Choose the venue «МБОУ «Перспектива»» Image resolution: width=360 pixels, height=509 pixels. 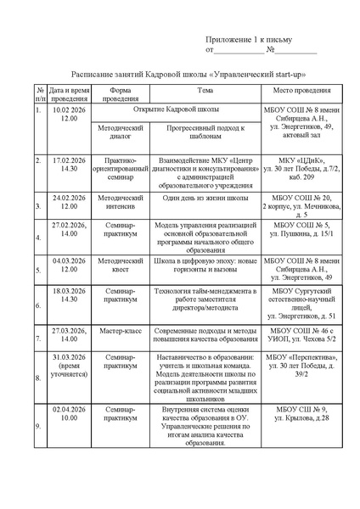click(302, 358)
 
